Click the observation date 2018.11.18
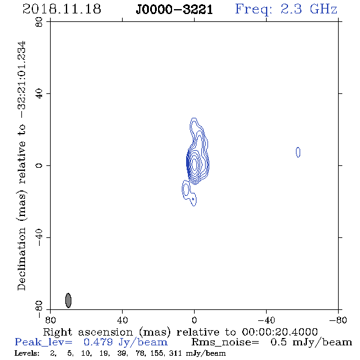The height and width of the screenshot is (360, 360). [62, 9]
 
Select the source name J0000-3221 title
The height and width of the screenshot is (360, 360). [175, 10]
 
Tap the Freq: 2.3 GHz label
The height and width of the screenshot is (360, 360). [286, 10]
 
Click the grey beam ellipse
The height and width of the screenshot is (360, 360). [68, 300]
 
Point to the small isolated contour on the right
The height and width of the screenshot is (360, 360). [298, 152]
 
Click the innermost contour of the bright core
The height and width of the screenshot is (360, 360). [194, 164]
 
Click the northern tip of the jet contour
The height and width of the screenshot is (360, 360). [194, 118]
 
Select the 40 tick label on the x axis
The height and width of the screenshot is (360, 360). [122, 320]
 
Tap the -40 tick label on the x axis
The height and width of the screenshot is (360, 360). [266, 320]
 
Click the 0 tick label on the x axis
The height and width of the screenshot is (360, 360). [194, 320]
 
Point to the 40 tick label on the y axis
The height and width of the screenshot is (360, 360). [39, 94]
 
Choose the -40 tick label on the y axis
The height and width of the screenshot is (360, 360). [39, 237]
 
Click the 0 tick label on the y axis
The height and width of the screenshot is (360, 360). [39, 165]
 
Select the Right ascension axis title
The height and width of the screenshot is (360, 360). [180, 332]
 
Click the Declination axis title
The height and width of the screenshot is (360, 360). [21, 166]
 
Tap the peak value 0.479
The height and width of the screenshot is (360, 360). [98, 342]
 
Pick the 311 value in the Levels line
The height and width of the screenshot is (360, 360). [175, 353]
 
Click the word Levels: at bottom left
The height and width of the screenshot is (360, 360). [27, 353]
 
